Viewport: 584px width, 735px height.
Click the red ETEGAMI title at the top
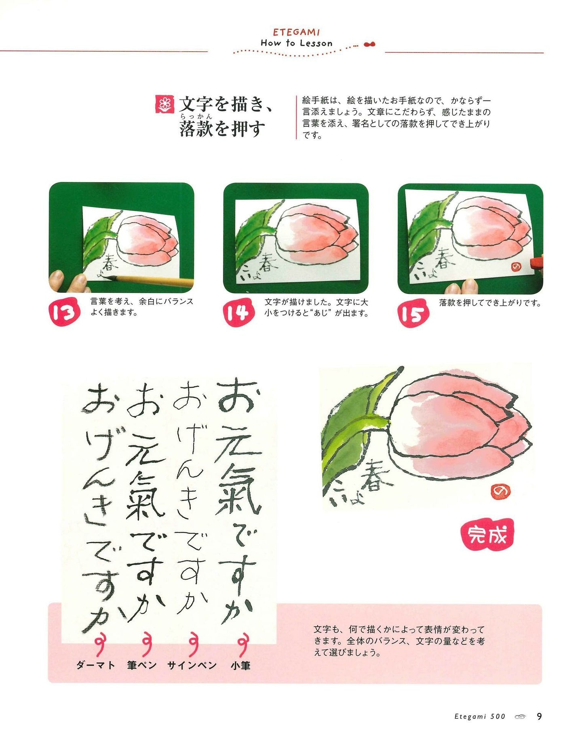click(x=296, y=32)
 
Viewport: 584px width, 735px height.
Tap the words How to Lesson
click(x=296, y=43)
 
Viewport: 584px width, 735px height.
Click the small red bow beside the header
click(x=369, y=44)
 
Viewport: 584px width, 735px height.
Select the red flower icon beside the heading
click(x=164, y=105)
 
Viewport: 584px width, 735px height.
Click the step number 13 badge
click(x=64, y=312)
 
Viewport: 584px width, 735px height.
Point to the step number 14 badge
click(x=238, y=313)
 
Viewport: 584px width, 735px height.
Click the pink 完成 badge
click(x=487, y=535)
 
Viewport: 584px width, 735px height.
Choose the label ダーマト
click(x=96, y=665)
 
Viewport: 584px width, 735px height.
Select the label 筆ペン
click(x=142, y=665)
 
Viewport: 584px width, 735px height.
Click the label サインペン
click(x=192, y=665)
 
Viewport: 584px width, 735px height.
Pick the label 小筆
click(x=240, y=665)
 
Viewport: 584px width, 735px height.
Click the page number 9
click(x=539, y=716)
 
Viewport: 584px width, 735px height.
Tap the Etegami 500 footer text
click(x=480, y=716)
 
